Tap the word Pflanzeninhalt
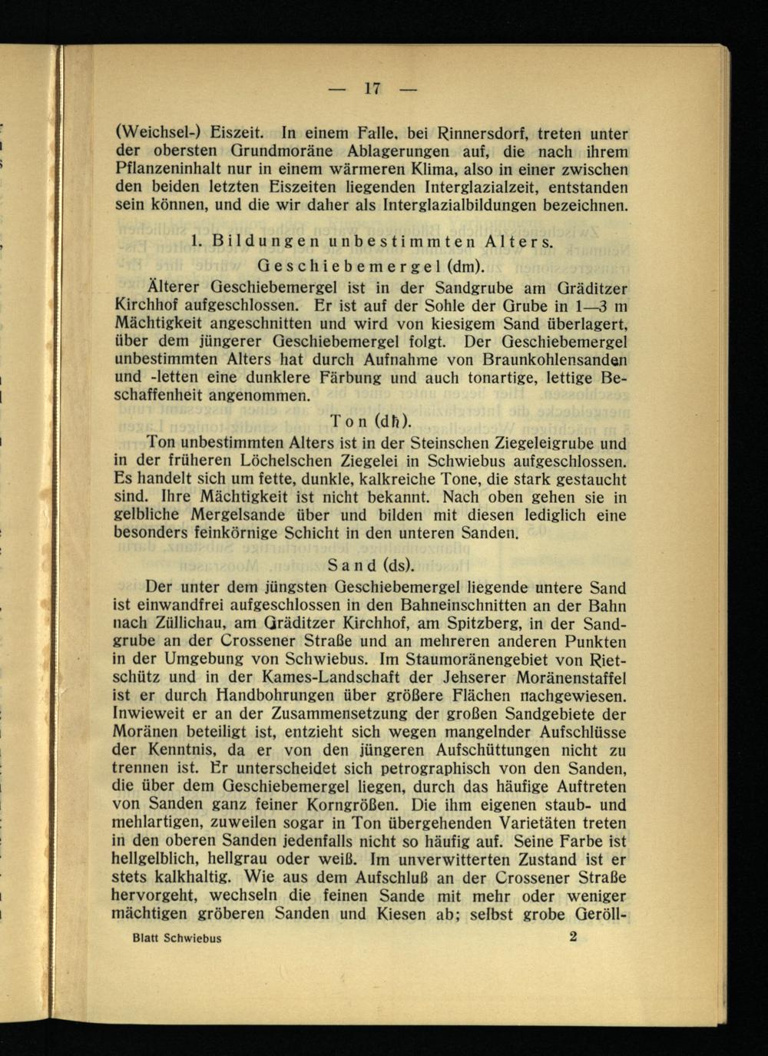(x=163, y=170)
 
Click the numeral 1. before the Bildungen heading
(x=194, y=241)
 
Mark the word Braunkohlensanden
(x=558, y=359)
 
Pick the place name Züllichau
(x=184, y=623)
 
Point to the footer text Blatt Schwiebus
(x=177, y=938)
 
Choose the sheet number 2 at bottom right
(x=574, y=937)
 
